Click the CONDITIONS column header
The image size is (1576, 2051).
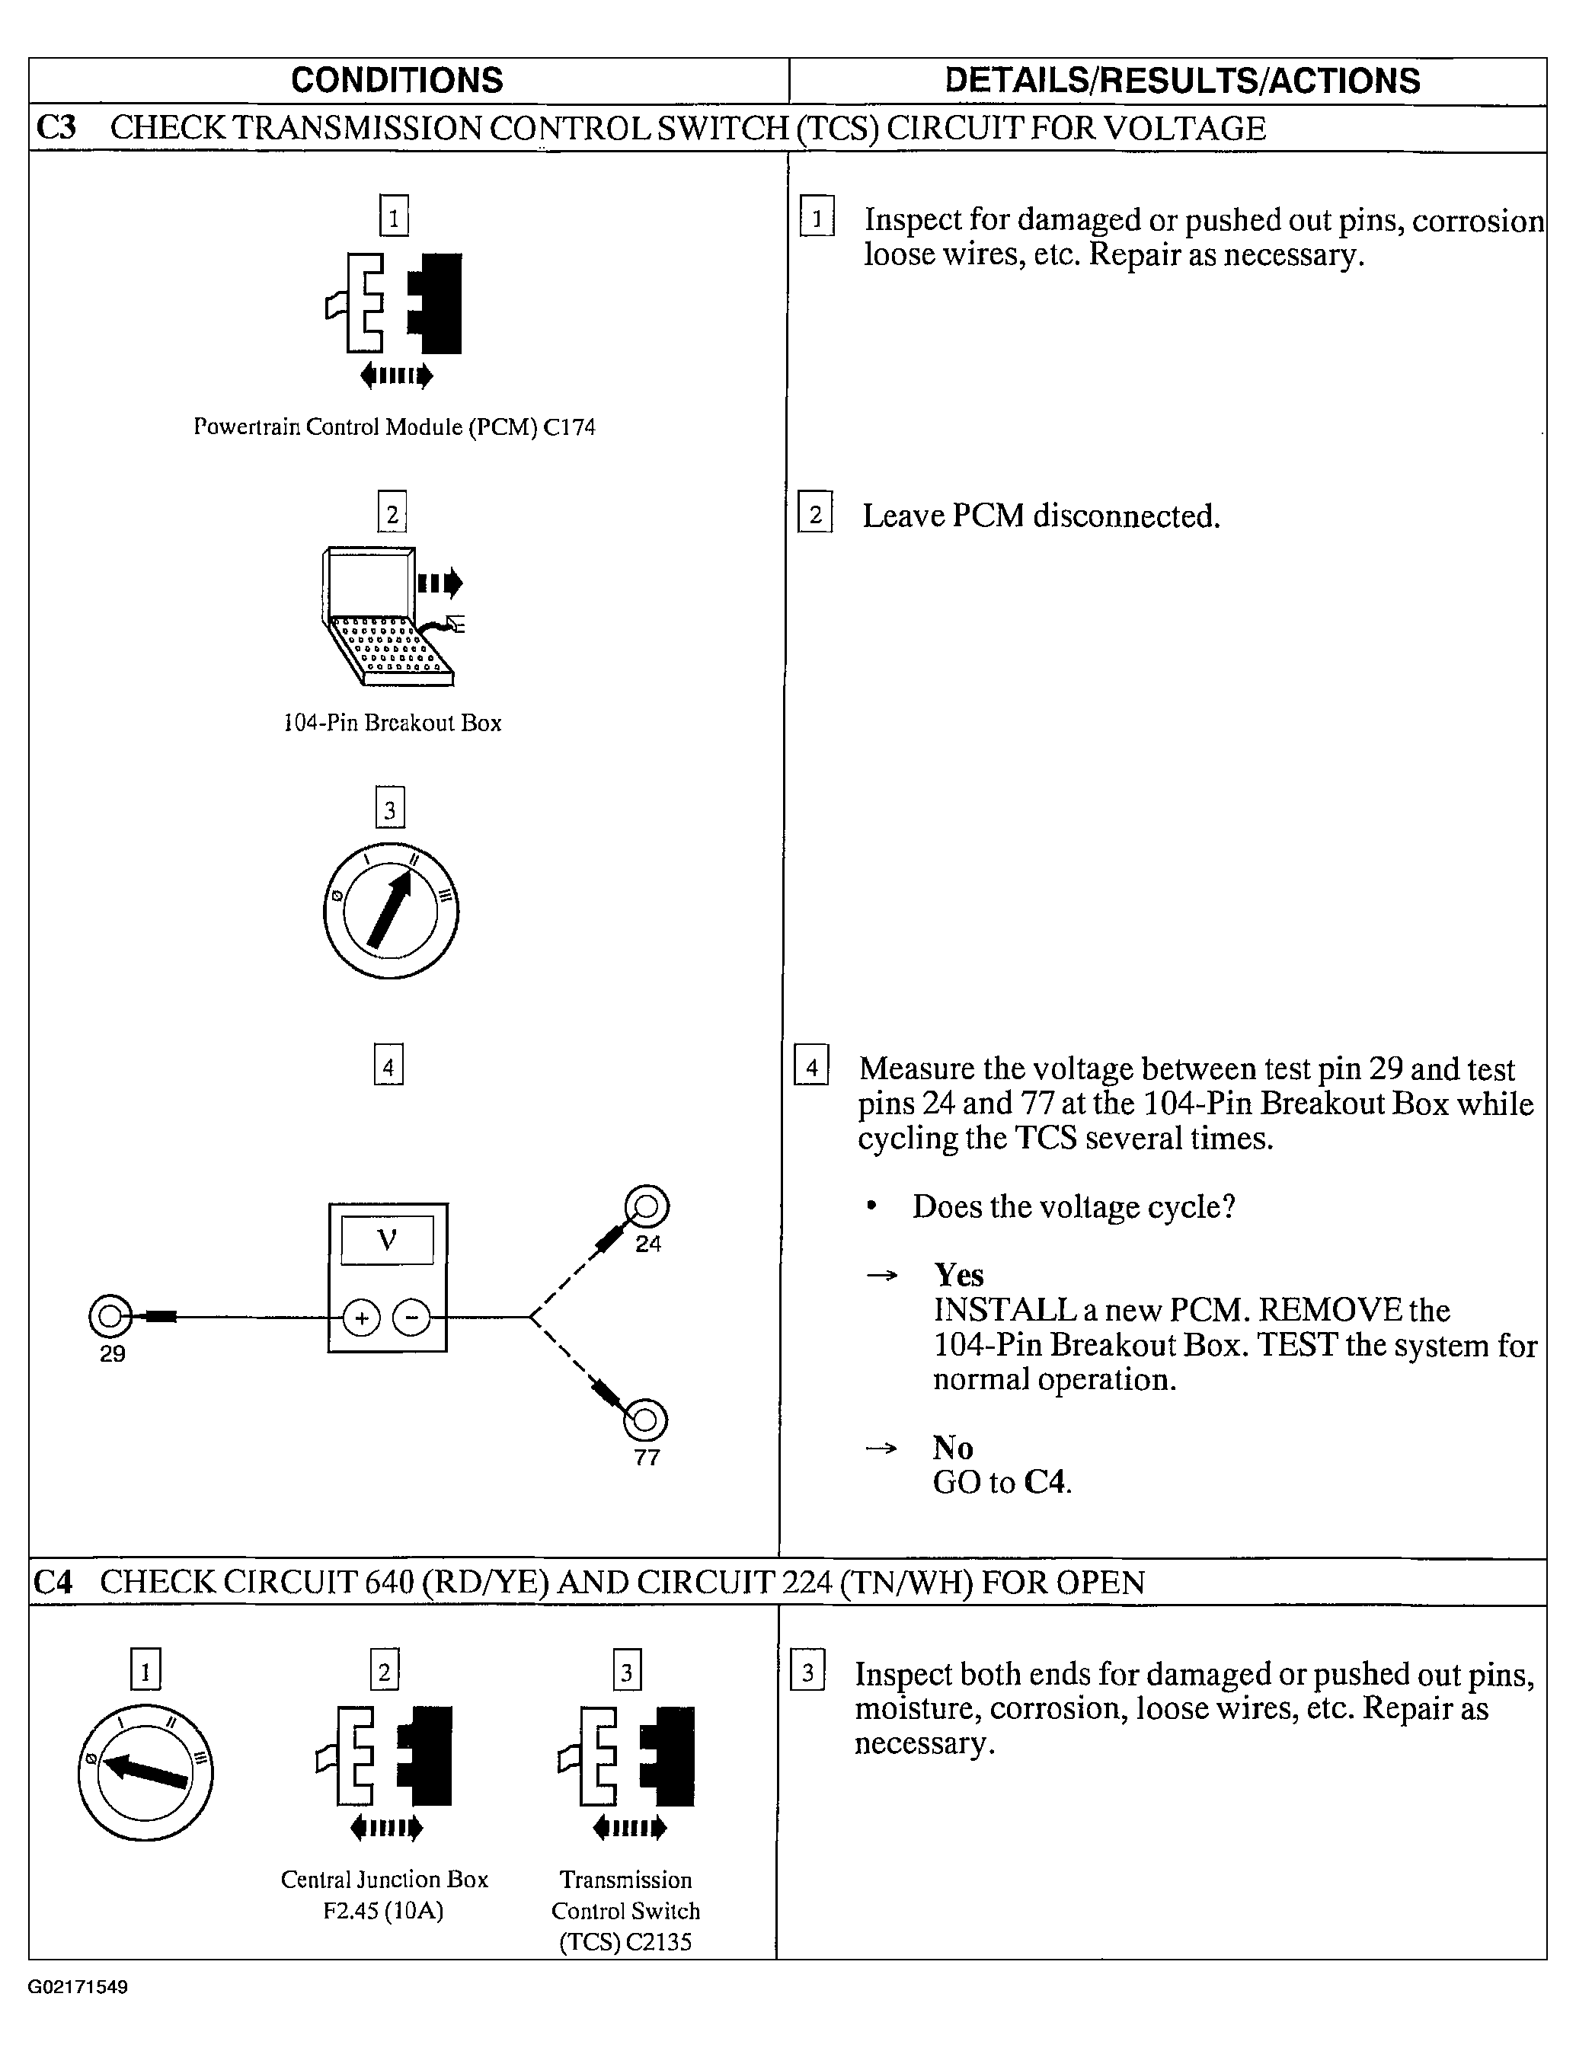coord(397,81)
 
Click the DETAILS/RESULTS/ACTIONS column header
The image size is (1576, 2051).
coord(1182,81)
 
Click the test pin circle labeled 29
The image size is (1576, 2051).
coord(109,1317)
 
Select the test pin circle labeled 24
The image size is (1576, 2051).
coord(647,1206)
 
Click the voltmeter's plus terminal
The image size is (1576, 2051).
coord(361,1318)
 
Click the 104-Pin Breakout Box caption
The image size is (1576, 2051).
coord(392,722)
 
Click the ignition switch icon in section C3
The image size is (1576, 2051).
coord(392,912)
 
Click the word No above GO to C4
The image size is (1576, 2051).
coord(952,1448)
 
